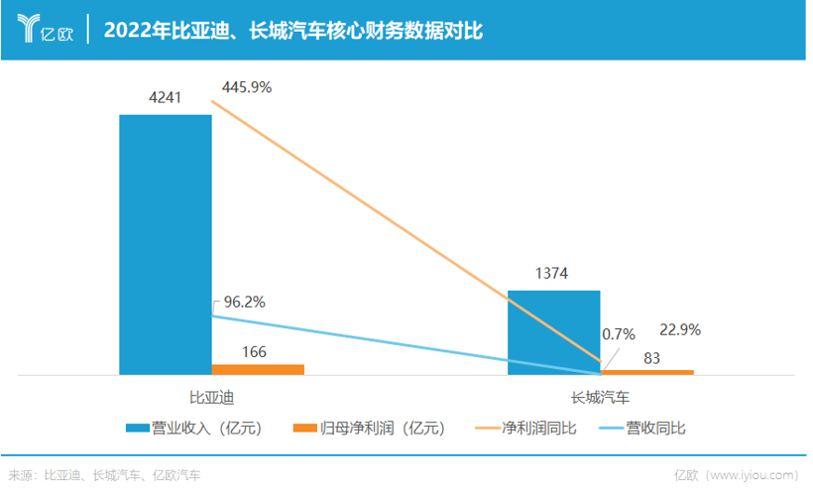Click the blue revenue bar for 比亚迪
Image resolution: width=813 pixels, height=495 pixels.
tap(165, 243)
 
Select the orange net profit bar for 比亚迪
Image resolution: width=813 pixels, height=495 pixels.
tap(258, 369)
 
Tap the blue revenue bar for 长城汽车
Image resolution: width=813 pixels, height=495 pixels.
tap(553, 331)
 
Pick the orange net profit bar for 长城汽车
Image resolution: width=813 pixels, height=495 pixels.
tap(647, 372)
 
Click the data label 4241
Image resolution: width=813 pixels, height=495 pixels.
tap(165, 97)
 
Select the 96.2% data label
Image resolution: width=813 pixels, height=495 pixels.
tap(244, 302)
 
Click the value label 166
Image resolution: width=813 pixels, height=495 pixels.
tap(255, 351)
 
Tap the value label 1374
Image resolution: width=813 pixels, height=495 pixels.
tap(553, 274)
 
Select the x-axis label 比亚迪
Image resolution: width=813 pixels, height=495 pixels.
tap(211, 397)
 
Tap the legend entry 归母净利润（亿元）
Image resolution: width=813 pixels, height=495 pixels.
tap(371, 429)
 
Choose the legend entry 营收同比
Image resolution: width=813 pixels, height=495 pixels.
tap(647, 429)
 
